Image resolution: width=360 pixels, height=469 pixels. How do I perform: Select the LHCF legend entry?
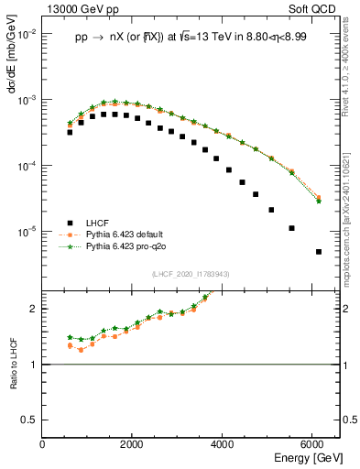97,223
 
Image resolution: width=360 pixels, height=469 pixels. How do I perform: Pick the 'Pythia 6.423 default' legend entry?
125,234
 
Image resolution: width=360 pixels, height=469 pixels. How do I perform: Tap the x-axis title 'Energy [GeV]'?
304,458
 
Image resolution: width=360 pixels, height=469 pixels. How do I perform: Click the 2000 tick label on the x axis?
133,444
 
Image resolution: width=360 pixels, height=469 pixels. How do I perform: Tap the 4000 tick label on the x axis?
224,444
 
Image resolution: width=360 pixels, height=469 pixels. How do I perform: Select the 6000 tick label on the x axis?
313,444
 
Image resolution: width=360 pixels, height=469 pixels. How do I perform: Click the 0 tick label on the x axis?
42,444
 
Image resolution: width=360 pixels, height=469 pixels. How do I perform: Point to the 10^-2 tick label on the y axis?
28,34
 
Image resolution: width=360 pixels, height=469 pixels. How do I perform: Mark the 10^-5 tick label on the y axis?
28,232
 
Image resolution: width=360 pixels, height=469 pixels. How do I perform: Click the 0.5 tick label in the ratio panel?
29,420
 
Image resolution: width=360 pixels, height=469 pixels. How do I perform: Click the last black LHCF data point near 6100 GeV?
318,252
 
